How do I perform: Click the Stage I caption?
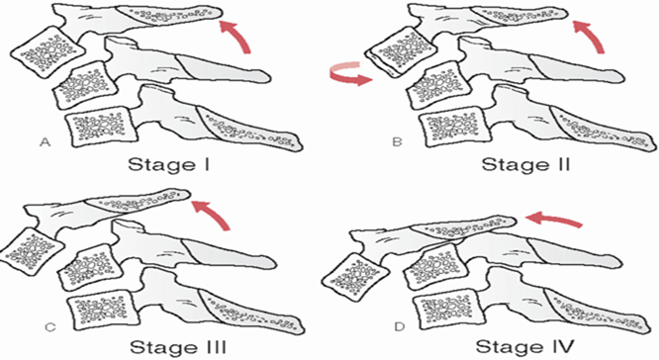(168, 164)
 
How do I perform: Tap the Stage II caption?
(525, 164)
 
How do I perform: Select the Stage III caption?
(178, 347)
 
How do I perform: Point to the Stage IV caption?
(524, 347)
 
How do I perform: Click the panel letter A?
(45, 142)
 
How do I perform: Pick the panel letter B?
(397, 142)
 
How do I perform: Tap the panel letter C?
(50, 326)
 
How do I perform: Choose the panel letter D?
(400, 326)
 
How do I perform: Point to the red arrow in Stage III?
(214, 212)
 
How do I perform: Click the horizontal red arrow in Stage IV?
(554, 219)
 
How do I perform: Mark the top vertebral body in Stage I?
(47, 52)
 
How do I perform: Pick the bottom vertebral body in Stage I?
(102, 127)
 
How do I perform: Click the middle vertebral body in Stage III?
(90, 267)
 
